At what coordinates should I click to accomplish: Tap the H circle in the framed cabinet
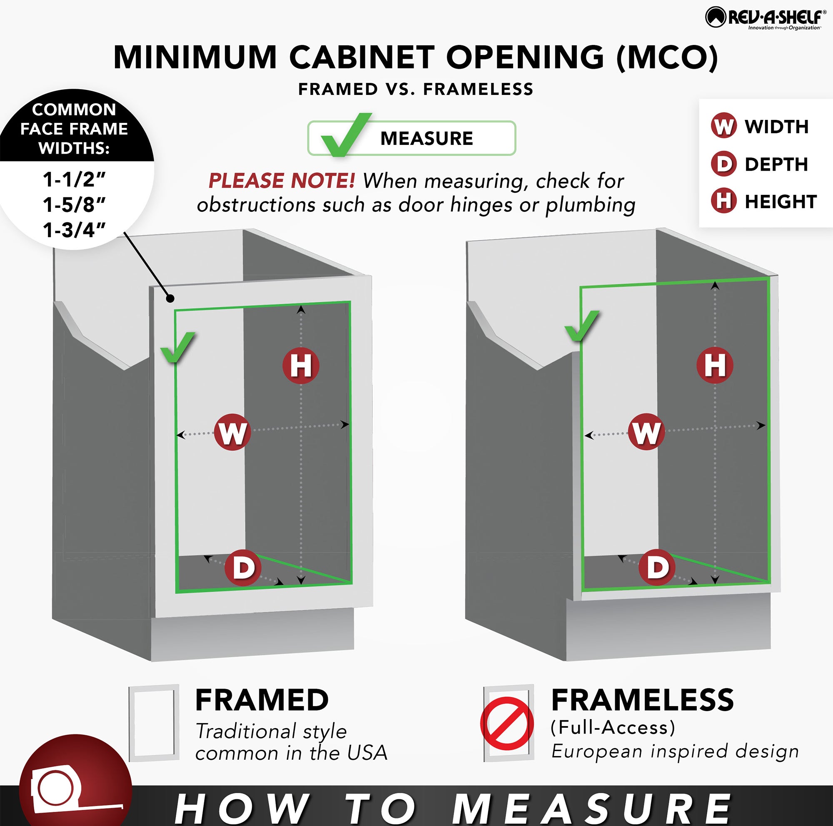[x=301, y=366]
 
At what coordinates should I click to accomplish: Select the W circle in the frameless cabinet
[x=646, y=432]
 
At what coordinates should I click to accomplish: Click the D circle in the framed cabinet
[x=243, y=567]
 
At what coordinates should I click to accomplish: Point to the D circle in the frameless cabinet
[x=657, y=567]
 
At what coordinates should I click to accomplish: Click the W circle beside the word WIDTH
[x=723, y=126]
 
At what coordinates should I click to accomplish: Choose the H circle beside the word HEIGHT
[x=723, y=201]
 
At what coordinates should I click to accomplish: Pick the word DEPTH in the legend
[x=776, y=164]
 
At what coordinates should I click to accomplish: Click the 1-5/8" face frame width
[x=74, y=205]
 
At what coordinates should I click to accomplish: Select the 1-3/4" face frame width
[x=74, y=230]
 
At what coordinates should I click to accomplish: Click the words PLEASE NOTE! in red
[x=282, y=181]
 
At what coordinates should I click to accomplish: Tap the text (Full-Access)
[x=613, y=727]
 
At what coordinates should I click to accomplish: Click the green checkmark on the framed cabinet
[x=177, y=347]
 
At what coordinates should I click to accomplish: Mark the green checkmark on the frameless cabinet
[x=581, y=325]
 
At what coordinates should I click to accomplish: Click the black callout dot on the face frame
[x=171, y=298]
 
